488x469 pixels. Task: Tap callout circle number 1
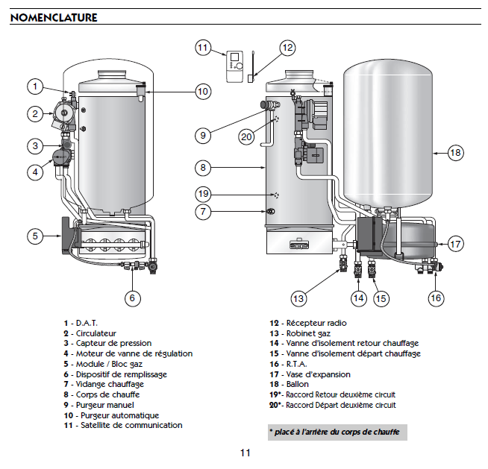pyautogui.click(x=34, y=86)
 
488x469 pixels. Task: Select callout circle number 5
pyautogui.click(x=34, y=236)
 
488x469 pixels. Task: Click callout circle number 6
pyautogui.click(x=131, y=298)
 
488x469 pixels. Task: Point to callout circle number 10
pyautogui.click(x=203, y=91)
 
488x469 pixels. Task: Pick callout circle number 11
pyautogui.click(x=203, y=48)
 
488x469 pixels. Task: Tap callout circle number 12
pyautogui.click(x=287, y=48)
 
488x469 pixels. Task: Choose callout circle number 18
pyautogui.click(x=455, y=152)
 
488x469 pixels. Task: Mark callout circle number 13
pyautogui.click(x=298, y=298)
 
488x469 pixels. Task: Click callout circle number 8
pyautogui.click(x=203, y=167)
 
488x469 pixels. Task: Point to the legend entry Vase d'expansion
pyautogui.click(x=313, y=374)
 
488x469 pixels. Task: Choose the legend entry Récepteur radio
pyautogui.click(x=307, y=323)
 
